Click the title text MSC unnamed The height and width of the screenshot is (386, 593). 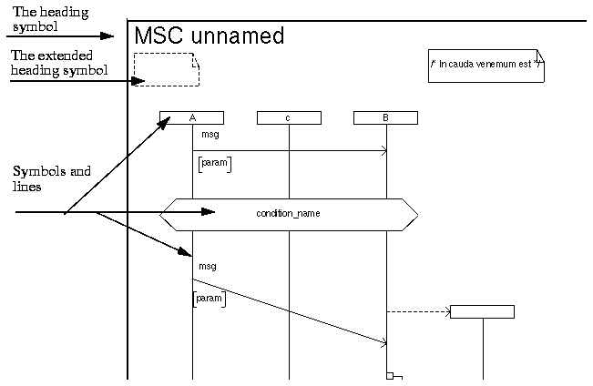point(209,36)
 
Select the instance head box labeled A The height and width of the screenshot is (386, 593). point(191,117)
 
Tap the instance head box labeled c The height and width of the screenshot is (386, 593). point(289,117)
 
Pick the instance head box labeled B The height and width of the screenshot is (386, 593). point(385,117)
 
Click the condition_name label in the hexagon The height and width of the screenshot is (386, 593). point(288,214)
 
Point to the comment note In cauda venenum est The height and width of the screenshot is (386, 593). point(486,66)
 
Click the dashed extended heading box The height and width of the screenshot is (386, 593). point(166,69)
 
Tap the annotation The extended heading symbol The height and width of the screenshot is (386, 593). point(59,63)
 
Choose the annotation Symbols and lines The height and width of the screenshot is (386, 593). point(52,178)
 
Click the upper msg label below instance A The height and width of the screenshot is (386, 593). point(210,135)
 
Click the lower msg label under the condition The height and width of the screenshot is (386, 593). point(207,266)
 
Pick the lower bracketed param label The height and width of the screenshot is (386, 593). point(210,298)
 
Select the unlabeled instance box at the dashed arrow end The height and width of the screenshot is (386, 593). point(482,312)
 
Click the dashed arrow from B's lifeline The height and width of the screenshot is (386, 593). point(418,312)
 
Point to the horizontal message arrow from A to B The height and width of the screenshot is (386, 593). point(289,150)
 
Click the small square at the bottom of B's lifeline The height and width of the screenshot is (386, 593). point(389,375)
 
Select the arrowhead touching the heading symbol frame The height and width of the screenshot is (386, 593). point(108,36)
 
